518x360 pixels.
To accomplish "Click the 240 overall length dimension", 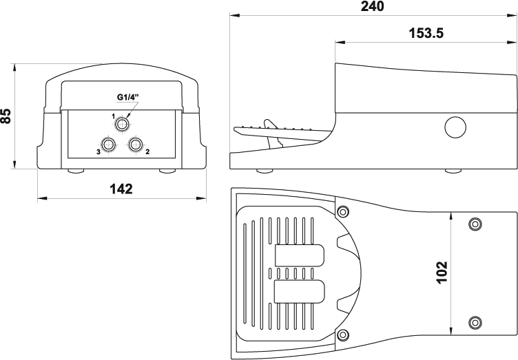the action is click(372, 6).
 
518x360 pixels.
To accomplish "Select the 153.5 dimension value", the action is click(426, 33).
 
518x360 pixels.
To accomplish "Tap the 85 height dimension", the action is click(6, 116).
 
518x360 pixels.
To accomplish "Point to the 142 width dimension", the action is click(121, 189).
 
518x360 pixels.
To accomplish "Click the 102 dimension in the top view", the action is click(442, 272).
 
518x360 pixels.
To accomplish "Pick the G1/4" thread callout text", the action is click(128, 97).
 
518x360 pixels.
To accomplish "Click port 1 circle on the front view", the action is click(123, 125).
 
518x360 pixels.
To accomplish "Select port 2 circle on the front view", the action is click(136, 144).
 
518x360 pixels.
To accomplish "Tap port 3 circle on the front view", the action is click(109, 144).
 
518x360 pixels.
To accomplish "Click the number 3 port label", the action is click(98, 152).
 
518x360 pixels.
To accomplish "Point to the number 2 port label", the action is click(147, 152).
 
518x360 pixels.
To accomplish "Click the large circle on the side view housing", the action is click(455, 127).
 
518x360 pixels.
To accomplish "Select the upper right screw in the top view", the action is click(475, 224).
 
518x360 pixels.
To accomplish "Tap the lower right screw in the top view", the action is click(475, 322).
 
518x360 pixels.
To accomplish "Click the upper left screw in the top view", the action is click(343, 211).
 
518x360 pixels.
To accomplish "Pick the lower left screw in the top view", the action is click(343, 335).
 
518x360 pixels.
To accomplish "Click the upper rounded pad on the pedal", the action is click(300, 255).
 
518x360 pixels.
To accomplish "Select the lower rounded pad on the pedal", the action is click(300, 291).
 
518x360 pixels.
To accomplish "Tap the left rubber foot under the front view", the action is click(76, 171).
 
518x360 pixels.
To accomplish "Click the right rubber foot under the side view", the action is click(453, 171).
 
